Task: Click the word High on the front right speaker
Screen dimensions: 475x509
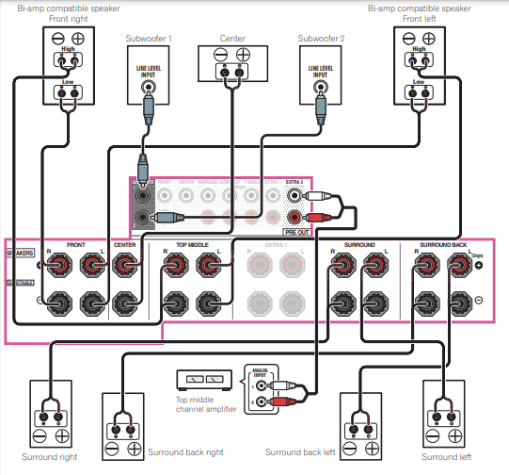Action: pyautogui.click(x=67, y=49)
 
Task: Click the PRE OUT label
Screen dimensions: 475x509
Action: pyautogui.click(x=294, y=230)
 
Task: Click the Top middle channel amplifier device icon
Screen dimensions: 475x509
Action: pyautogui.click(x=204, y=380)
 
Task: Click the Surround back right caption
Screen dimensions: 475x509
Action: pyautogui.click(x=185, y=452)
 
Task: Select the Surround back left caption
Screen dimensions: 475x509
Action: pyautogui.click(x=300, y=452)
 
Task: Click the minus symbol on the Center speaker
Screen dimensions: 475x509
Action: pyautogui.click(x=219, y=55)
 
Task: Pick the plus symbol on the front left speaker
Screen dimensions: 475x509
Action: pyautogui.click(x=429, y=39)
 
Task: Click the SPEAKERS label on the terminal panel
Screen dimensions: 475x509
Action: pyautogui.click(x=21, y=254)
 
